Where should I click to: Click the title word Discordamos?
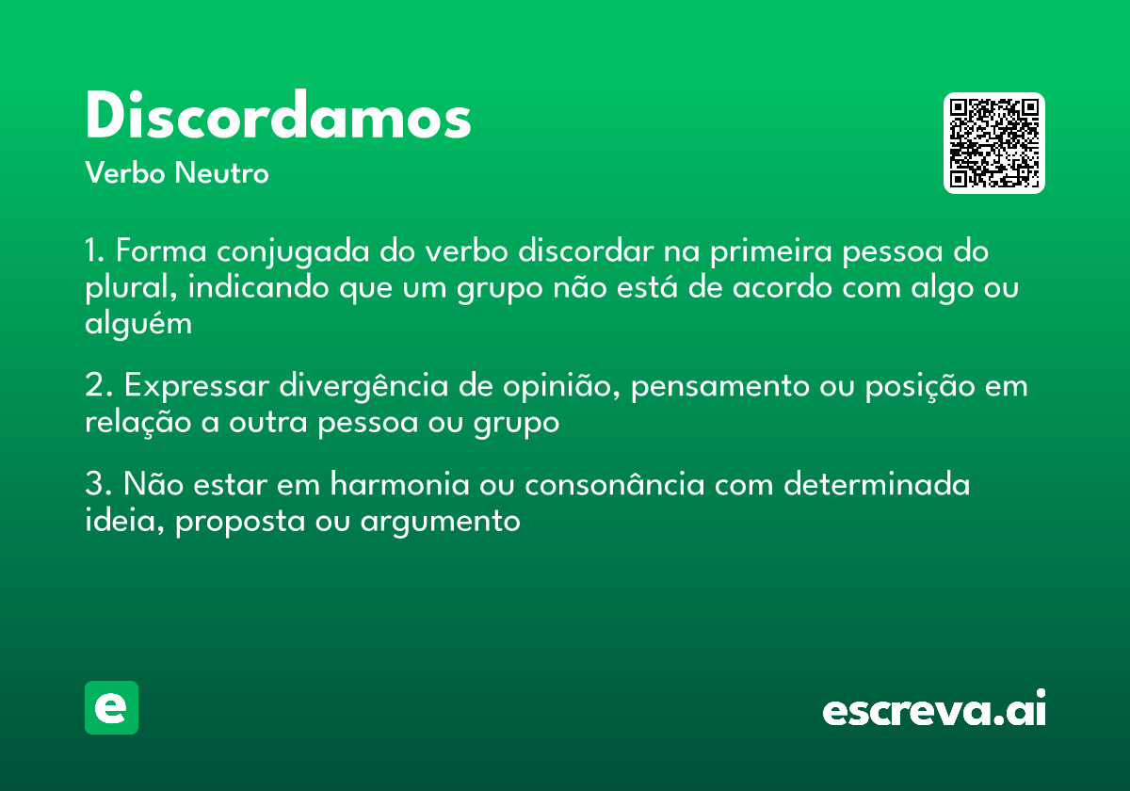tap(278, 118)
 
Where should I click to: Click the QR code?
tap(994, 143)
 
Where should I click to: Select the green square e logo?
tap(111, 707)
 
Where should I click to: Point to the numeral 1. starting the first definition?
tap(95, 252)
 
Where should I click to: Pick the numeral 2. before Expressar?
tap(98, 386)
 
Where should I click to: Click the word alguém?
tap(137, 324)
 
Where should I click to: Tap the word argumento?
tap(440, 521)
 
